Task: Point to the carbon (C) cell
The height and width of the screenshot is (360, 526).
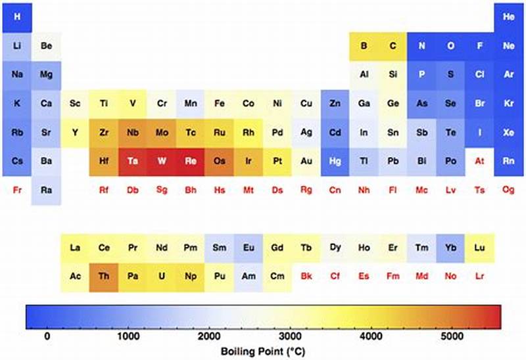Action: point(393,46)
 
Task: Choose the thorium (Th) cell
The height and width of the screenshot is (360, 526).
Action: point(104,277)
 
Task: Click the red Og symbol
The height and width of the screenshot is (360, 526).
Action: point(508,190)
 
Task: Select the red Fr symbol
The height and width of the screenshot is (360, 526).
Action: point(17,190)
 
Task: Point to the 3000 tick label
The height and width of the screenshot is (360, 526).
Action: point(291,336)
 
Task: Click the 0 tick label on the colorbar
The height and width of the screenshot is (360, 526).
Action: point(47,336)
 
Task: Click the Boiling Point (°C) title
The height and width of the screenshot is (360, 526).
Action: point(263,351)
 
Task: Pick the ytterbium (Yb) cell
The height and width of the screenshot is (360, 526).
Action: point(450,248)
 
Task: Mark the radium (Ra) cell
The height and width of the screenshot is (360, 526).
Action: point(46,190)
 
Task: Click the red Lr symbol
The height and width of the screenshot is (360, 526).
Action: point(479,277)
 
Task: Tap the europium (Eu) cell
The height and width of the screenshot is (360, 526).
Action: point(249,248)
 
